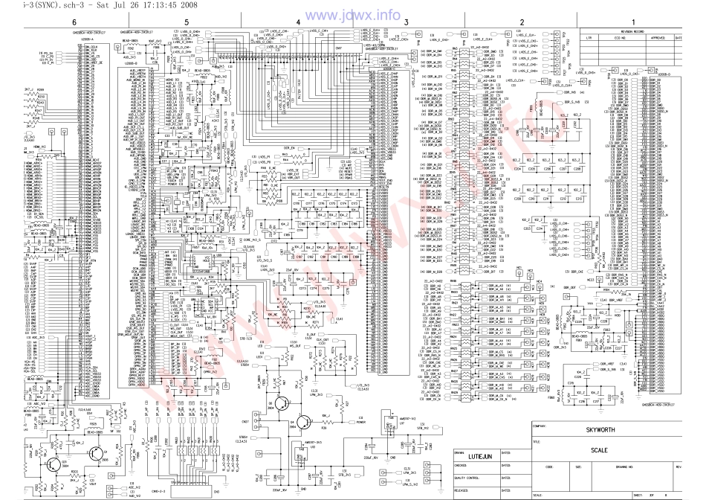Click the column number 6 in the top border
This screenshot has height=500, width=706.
coord(74,22)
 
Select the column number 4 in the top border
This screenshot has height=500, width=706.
coord(298,22)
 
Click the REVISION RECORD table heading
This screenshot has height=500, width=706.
coord(641,31)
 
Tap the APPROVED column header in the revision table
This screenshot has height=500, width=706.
coord(657,37)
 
